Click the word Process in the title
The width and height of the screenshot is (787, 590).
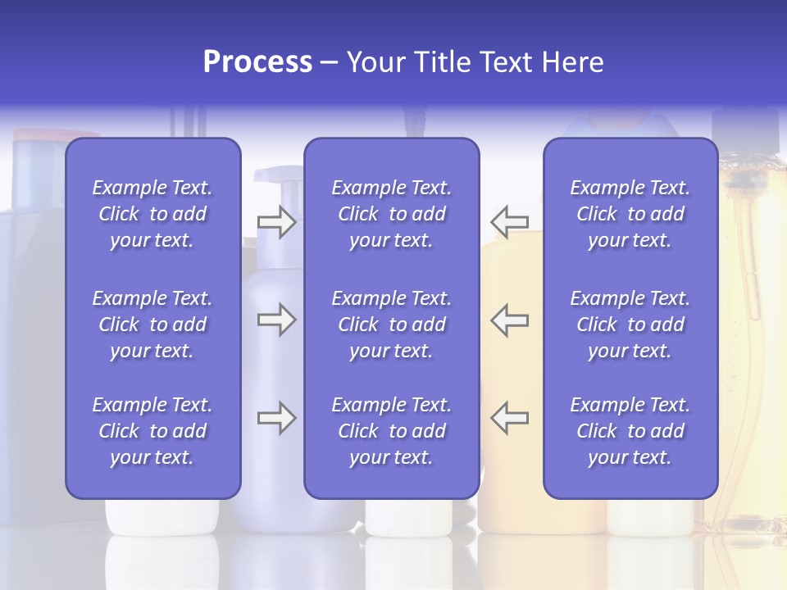pyautogui.click(x=257, y=62)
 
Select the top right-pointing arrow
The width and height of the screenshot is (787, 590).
pyautogui.click(x=276, y=222)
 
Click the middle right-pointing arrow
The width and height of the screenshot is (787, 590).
pyautogui.click(x=276, y=320)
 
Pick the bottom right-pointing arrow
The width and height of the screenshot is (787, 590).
pyautogui.click(x=276, y=418)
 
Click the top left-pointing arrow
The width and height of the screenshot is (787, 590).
pyautogui.click(x=510, y=222)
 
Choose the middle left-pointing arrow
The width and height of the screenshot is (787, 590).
pyautogui.click(x=510, y=320)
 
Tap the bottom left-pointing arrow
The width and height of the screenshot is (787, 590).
pyautogui.click(x=510, y=418)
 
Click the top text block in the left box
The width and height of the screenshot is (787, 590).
pyautogui.click(x=152, y=214)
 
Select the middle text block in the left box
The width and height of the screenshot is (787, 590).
pyautogui.click(x=152, y=324)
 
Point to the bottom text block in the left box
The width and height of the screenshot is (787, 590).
pyautogui.click(x=152, y=431)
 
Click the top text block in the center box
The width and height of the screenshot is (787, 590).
pyautogui.click(x=391, y=214)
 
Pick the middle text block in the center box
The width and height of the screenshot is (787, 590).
pyautogui.click(x=391, y=324)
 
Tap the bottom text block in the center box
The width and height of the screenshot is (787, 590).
pyautogui.click(x=391, y=431)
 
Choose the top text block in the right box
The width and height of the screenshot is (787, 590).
pyautogui.click(x=630, y=214)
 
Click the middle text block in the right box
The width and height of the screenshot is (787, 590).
pyautogui.click(x=630, y=324)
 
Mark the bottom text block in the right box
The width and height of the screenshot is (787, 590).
pyautogui.click(x=630, y=431)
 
